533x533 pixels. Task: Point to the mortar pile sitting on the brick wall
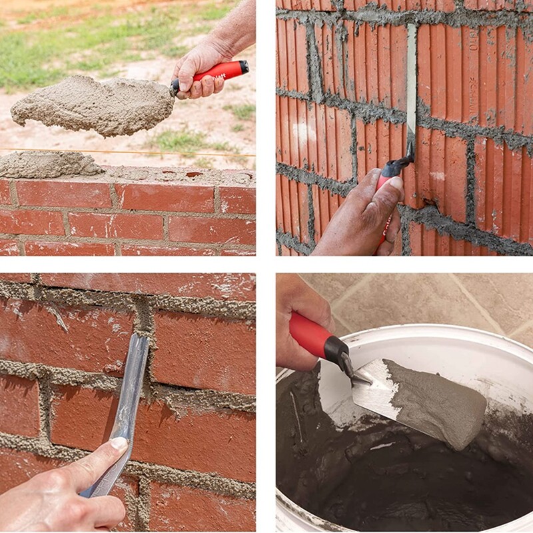click(50, 165)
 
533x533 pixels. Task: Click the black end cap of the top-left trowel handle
click(245, 67)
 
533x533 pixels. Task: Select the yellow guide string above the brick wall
click(167, 153)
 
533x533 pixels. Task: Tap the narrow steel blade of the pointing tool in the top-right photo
click(411, 87)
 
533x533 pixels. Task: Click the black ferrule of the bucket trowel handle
click(337, 351)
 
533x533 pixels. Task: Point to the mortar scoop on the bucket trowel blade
click(433, 400)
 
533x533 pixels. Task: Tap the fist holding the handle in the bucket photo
click(296, 333)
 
